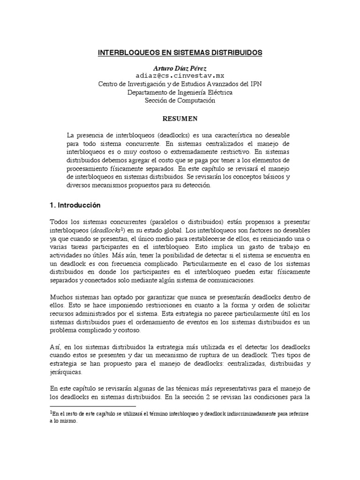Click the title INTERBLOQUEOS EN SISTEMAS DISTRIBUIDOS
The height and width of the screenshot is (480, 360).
(180, 53)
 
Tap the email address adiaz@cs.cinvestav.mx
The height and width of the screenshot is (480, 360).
(180, 75)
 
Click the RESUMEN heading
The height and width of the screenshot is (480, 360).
(180, 118)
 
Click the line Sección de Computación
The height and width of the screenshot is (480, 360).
(180, 100)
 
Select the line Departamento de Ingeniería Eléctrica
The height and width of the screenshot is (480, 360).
(180, 92)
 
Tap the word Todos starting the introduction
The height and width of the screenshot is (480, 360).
(58, 221)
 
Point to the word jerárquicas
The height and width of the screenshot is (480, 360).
(66, 373)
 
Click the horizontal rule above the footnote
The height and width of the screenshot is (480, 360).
(92, 406)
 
